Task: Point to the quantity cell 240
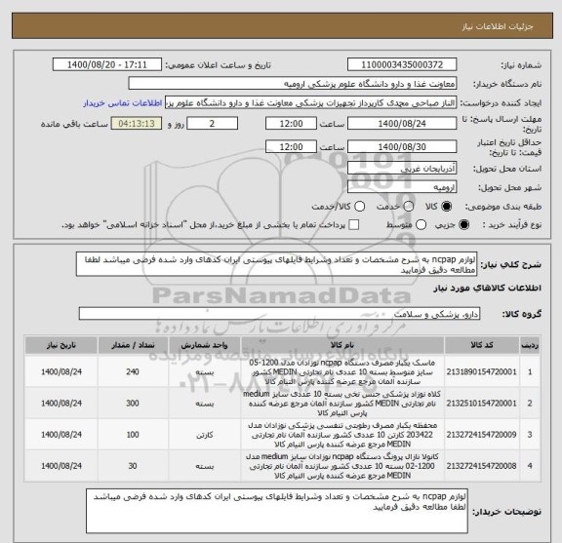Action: click(133, 371)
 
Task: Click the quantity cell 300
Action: click(133, 401)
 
